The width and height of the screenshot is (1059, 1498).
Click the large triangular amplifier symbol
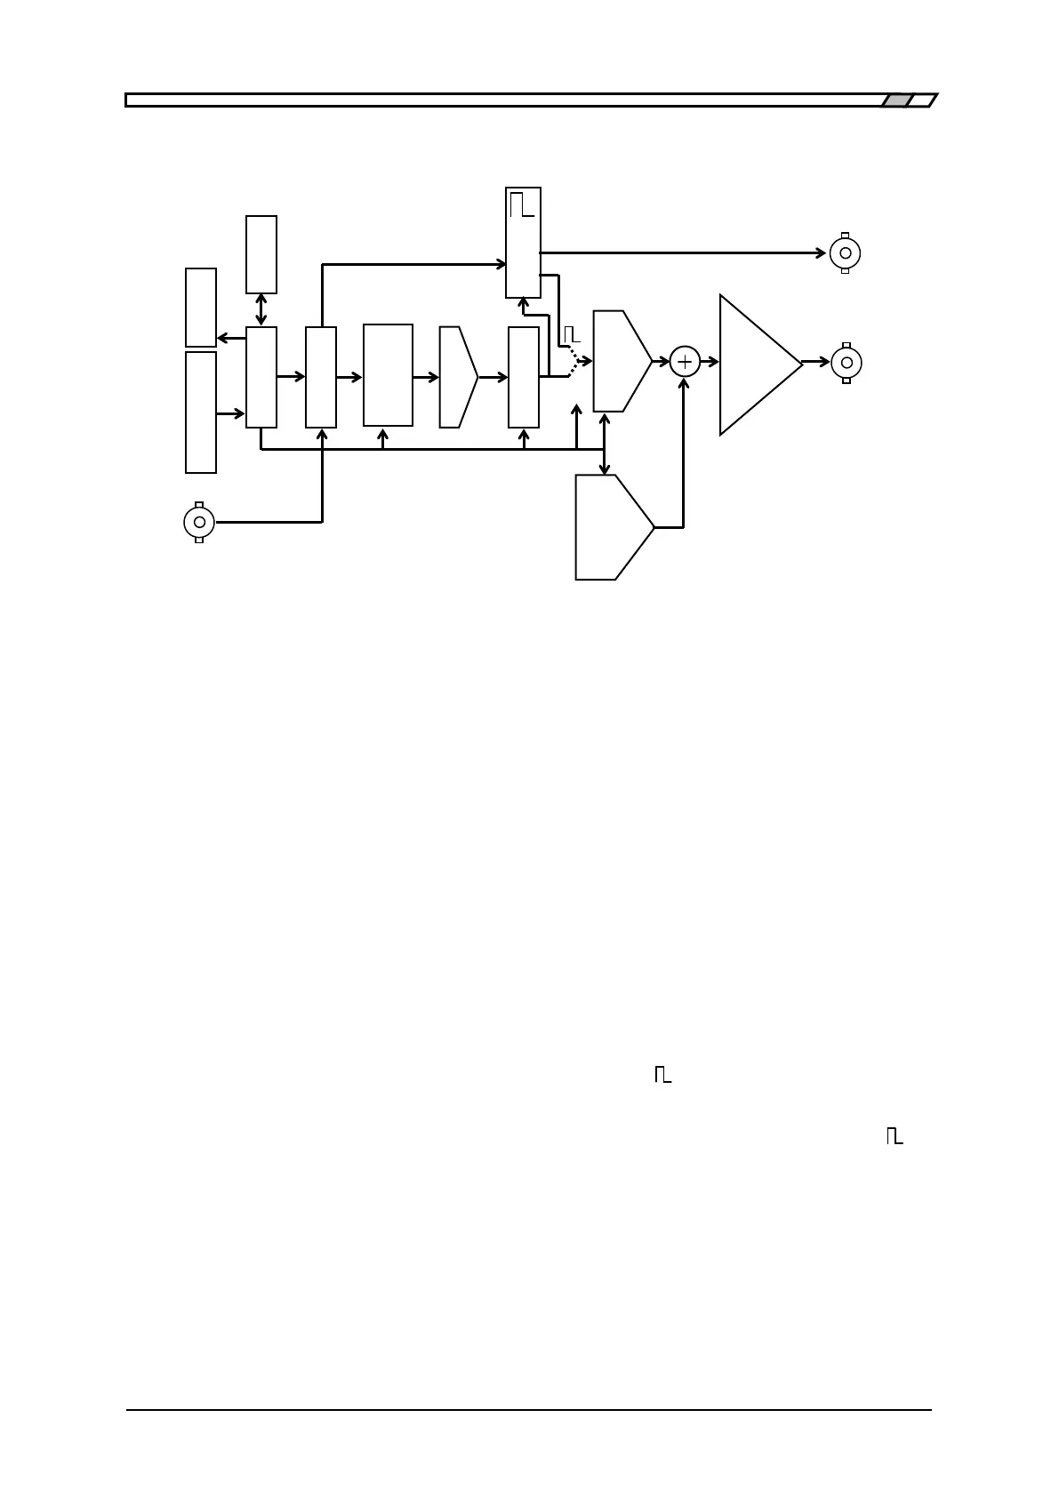pyautogui.click(x=756, y=364)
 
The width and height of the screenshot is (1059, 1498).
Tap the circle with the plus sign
pyautogui.click(x=685, y=362)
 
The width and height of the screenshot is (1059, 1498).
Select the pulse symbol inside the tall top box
pyautogui.click(x=522, y=205)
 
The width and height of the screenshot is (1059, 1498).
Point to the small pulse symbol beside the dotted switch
pyautogui.click(x=572, y=334)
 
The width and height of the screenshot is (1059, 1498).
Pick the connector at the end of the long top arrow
pyautogui.click(x=845, y=253)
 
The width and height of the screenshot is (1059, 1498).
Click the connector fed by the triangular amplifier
pyautogui.click(x=846, y=363)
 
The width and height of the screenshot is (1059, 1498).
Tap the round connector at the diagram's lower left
pyautogui.click(x=199, y=522)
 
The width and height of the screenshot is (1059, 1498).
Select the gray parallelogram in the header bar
pyautogui.click(x=897, y=100)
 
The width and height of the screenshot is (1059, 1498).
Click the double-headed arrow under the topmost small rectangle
pyautogui.click(x=261, y=309)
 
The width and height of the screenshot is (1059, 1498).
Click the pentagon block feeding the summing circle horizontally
pyautogui.click(x=621, y=361)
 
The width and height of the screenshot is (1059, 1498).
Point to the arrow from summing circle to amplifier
pyautogui.click(x=709, y=362)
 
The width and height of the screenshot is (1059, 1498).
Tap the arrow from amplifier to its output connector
pyautogui.click(x=815, y=363)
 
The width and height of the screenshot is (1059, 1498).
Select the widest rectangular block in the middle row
pyautogui.click(x=388, y=375)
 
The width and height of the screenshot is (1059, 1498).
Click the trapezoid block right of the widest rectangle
pyautogui.click(x=457, y=377)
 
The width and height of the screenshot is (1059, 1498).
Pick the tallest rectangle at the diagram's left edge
pyautogui.click(x=201, y=412)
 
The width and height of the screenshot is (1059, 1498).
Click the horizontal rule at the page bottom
pyautogui.click(x=528, y=1409)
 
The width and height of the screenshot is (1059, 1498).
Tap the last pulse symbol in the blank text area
pyautogui.click(x=894, y=1136)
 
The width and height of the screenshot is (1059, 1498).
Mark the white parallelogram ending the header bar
pyautogui.click(x=923, y=100)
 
